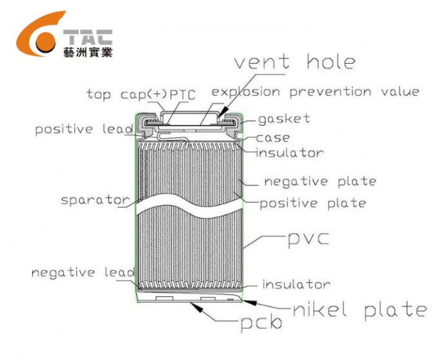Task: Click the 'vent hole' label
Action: coord(294,63)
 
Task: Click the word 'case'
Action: coord(273,137)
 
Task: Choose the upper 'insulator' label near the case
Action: coord(290,153)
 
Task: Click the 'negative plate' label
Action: coord(320,181)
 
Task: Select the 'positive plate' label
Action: coord(312,203)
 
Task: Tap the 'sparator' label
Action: coord(95,200)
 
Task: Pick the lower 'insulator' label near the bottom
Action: coord(296,285)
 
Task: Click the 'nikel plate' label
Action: coord(359,310)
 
